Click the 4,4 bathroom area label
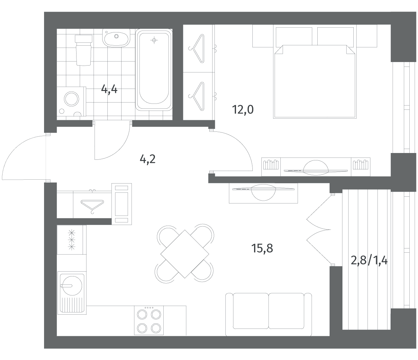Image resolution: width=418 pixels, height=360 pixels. click(x=109, y=89)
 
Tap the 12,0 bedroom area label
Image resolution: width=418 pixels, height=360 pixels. click(x=243, y=110)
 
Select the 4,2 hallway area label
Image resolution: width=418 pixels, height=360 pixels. click(x=147, y=159)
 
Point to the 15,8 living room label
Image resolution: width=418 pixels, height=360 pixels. click(x=262, y=248)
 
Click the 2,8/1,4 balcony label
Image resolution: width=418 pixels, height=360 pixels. click(x=369, y=261)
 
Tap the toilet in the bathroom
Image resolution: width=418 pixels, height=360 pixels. click(x=83, y=50)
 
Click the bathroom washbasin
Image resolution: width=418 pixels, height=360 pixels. click(x=116, y=38)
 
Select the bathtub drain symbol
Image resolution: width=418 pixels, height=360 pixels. click(x=154, y=40)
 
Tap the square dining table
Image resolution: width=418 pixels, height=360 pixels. click(x=185, y=254)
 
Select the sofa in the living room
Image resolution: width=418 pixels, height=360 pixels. click(x=268, y=315)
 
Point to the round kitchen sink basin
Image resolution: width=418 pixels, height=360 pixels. click(x=72, y=286)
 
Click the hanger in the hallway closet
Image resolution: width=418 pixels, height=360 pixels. click(x=92, y=206)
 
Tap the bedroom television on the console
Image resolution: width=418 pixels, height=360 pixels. click(x=316, y=167)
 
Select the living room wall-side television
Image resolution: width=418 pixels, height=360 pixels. click(x=263, y=192)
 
